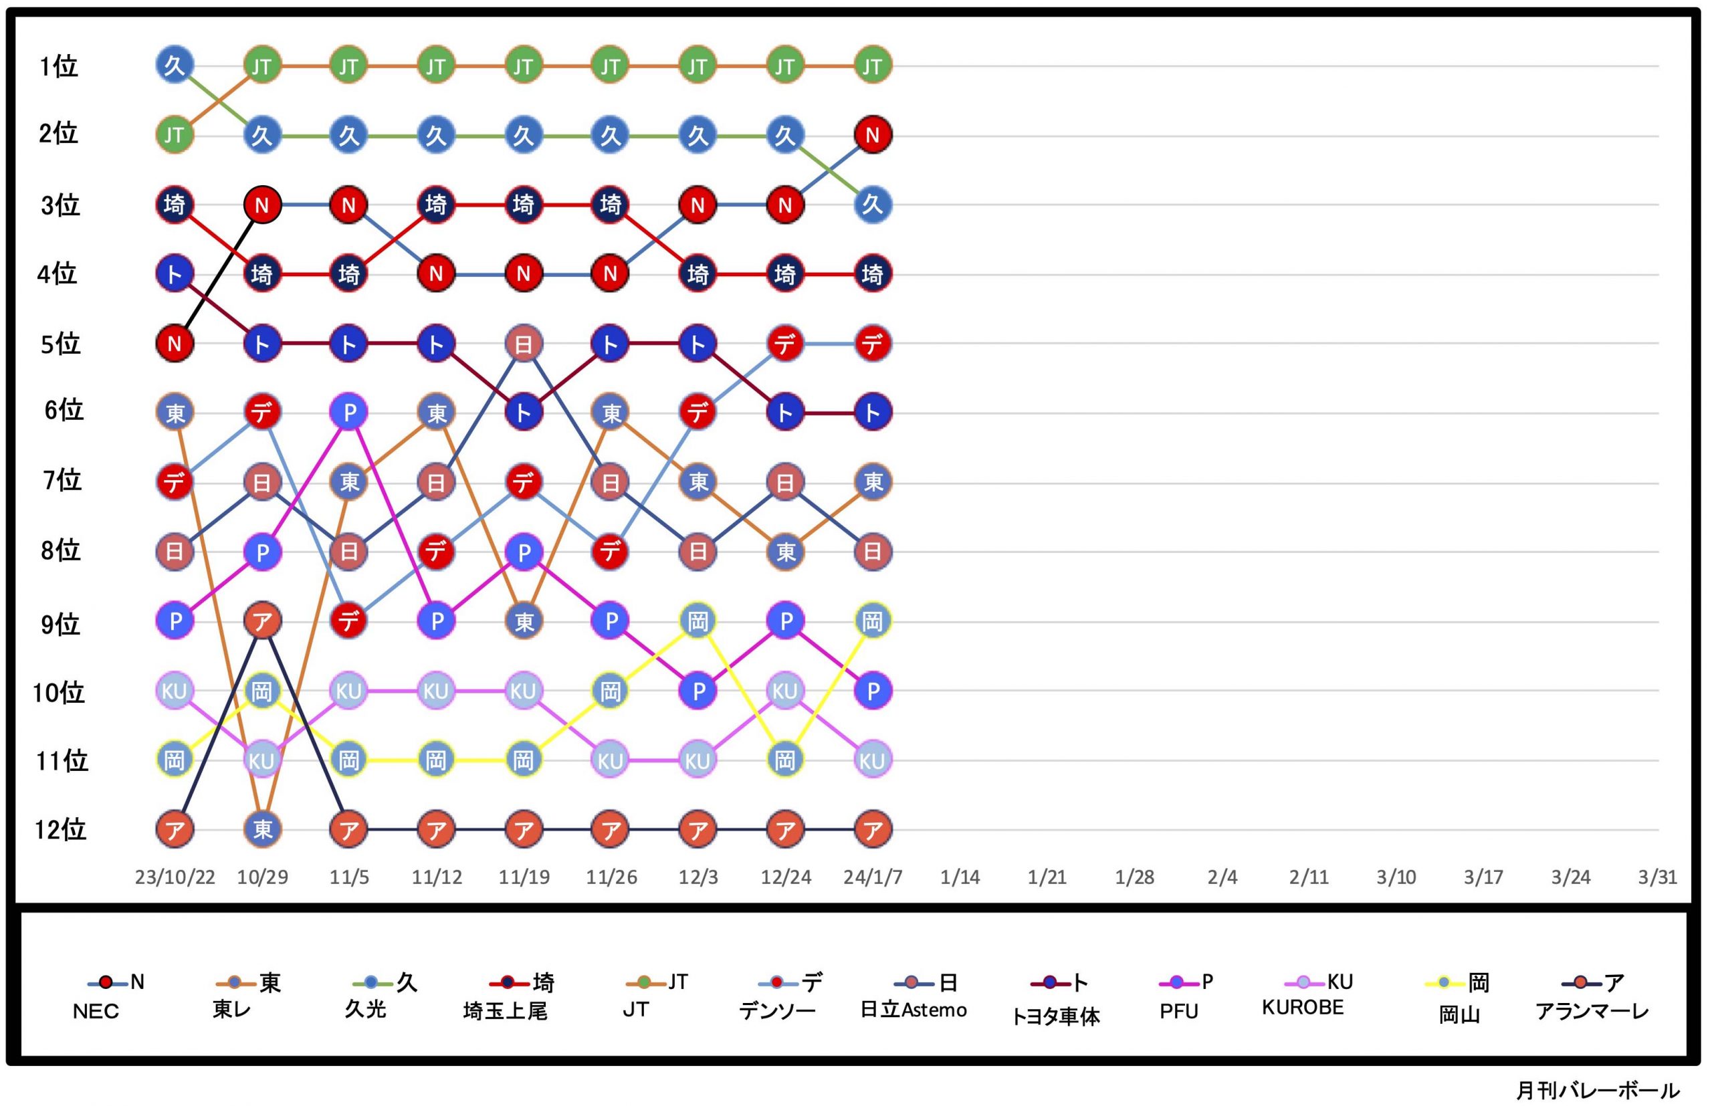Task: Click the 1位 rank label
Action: click(x=58, y=67)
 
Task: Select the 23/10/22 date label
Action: click(x=175, y=877)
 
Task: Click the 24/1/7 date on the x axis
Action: click(x=873, y=877)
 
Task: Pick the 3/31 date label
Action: click(x=1657, y=877)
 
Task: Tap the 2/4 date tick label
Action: click(x=1222, y=877)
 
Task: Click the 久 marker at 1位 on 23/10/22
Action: click(x=175, y=66)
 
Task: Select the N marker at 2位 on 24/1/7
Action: click(x=873, y=135)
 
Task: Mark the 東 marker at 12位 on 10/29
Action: click(x=262, y=829)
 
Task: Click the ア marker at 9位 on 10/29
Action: click(x=262, y=621)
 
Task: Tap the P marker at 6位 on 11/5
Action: click(x=349, y=412)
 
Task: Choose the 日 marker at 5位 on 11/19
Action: click(x=524, y=344)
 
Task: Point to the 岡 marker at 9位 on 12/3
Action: click(x=698, y=621)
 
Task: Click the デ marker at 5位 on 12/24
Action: click(x=785, y=344)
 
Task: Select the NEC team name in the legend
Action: click(x=96, y=1011)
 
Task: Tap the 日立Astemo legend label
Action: click(x=914, y=1010)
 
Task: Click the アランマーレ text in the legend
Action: click(x=1592, y=1011)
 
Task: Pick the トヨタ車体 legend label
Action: click(x=1055, y=1016)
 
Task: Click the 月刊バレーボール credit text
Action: click(x=1597, y=1090)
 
